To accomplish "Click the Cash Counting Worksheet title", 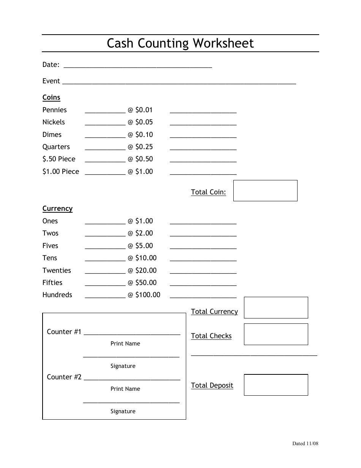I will click(x=180, y=43).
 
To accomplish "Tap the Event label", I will click(x=51, y=81).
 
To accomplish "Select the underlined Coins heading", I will click(x=51, y=97).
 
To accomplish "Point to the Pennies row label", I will click(x=54, y=110).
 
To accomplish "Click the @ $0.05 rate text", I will click(x=140, y=122).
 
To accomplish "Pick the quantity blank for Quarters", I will click(x=105, y=149).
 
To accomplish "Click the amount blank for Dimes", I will click(x=203, y=137).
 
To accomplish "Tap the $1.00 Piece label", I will click(x=61, y=172).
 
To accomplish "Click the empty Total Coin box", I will click(x=265, y=191).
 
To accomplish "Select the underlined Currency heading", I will click(x=57, y=209).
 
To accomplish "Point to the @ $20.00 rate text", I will click(x=142, y=271).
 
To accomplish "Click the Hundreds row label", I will click(x=57, y=295).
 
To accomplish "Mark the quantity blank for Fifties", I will click(x=105, y=285).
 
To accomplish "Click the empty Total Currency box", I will click(x=276, y=307).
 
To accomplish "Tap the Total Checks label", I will click(x=211, y=336).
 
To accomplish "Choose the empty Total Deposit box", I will click(x=276, y=385).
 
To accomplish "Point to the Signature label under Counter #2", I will click(x=123, y=411).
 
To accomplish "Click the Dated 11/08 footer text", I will click(x=305, y=443).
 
